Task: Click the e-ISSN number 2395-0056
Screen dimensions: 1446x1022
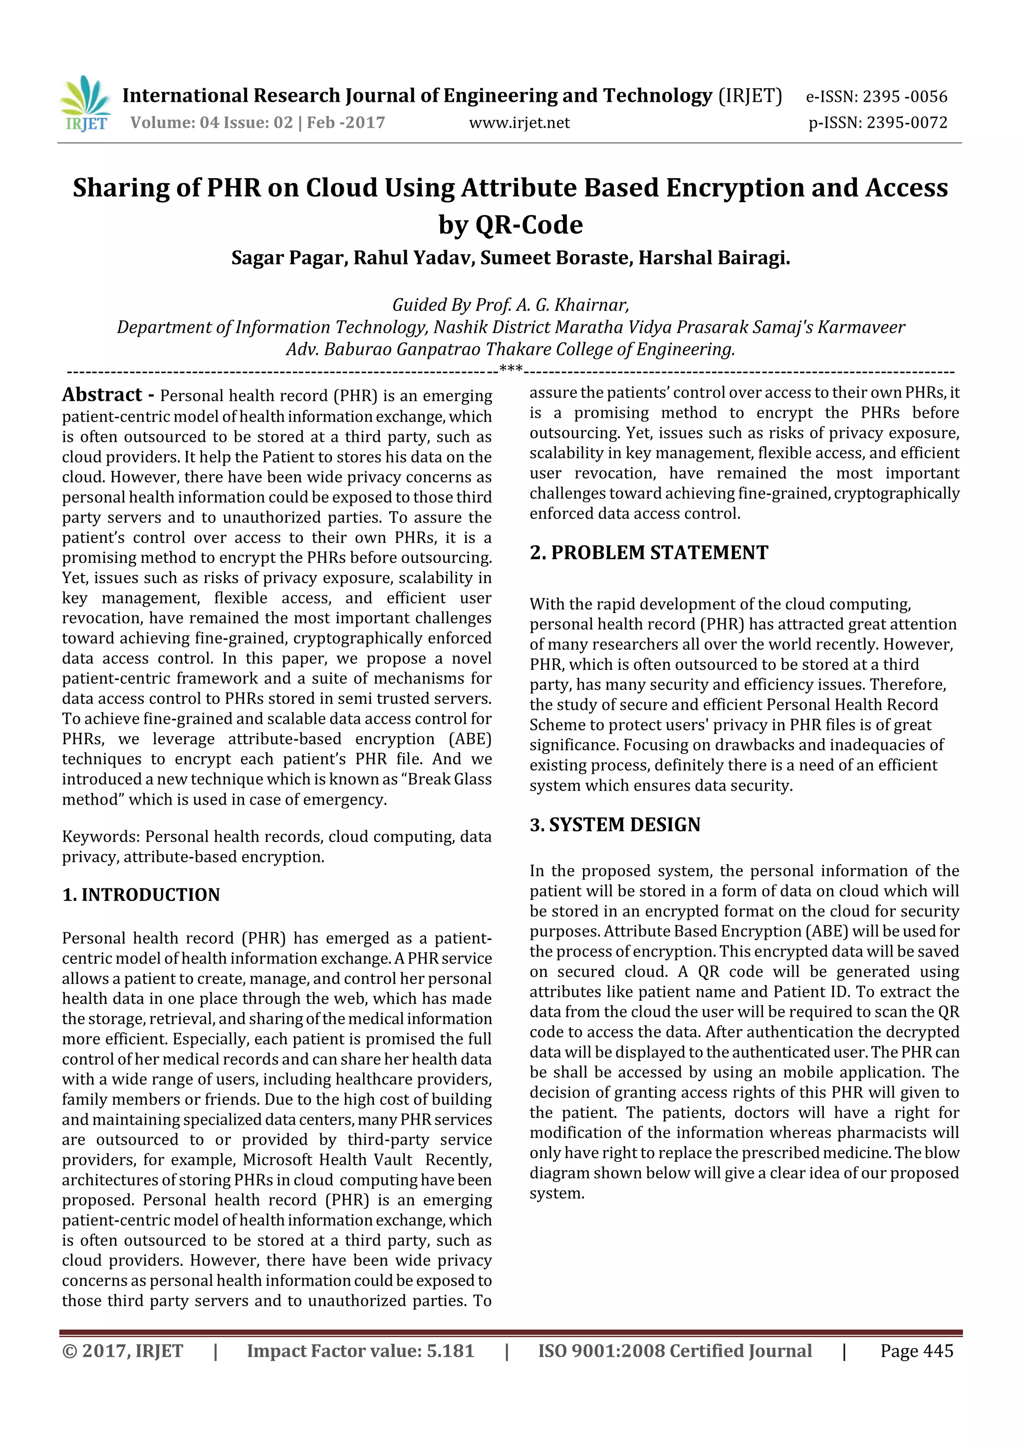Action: point(904,97)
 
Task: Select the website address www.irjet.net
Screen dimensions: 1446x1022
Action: point(519,123)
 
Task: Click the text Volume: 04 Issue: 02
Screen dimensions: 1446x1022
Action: point(212,123)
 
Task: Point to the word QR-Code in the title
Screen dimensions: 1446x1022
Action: point(529,225)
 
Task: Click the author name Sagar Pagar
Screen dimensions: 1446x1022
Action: point(288,258)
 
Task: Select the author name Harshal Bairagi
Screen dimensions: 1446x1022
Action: point(714,258)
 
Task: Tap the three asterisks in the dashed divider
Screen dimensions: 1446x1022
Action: point(511,369)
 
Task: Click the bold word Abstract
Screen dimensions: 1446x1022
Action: point(102,395)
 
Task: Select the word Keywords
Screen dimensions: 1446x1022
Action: point(101,837)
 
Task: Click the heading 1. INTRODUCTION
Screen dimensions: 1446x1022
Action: point(141,895)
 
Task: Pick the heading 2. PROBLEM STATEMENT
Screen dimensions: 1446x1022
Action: point(649,553)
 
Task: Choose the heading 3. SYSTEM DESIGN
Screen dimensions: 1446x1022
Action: point(615,825)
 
